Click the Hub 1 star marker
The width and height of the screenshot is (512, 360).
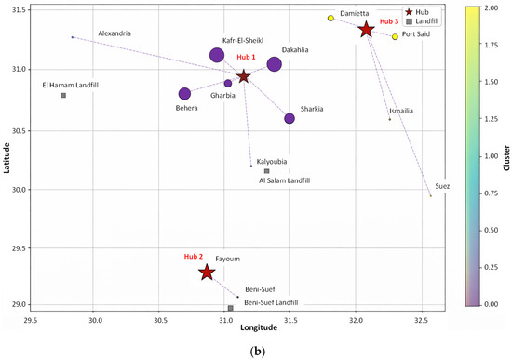(x=244, y=77)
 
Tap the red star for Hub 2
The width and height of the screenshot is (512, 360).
(x=207, y=273)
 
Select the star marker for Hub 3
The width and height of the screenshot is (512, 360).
(x=367, y=30)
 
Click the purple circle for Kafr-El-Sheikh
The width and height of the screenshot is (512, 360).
(x=217, y=55)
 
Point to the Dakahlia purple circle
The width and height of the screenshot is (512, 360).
(x=275, y=64)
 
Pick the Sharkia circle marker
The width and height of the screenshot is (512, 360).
(x=290, y=118)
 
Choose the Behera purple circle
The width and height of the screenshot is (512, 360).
(x=184, y=94)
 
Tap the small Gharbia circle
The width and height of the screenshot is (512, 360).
(x=228, y=84)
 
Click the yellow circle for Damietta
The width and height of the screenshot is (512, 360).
(x=330, y=19)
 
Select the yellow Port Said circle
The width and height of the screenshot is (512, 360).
(x=395, y=37)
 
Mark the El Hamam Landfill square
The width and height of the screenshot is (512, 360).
(x=63, y=95)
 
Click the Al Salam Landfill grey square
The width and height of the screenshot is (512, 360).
(x=267, y=171)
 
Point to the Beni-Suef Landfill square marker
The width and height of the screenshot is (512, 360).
(x=231, y=308)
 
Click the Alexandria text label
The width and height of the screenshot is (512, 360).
(x=115, y=33)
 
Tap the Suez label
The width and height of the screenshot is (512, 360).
(x=442, y=186)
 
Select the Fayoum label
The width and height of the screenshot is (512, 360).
(x=227, y=259)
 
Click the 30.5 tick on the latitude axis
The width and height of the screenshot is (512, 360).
(x=15, y=131)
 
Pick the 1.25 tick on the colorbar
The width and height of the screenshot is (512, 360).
(x=492, y=119)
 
